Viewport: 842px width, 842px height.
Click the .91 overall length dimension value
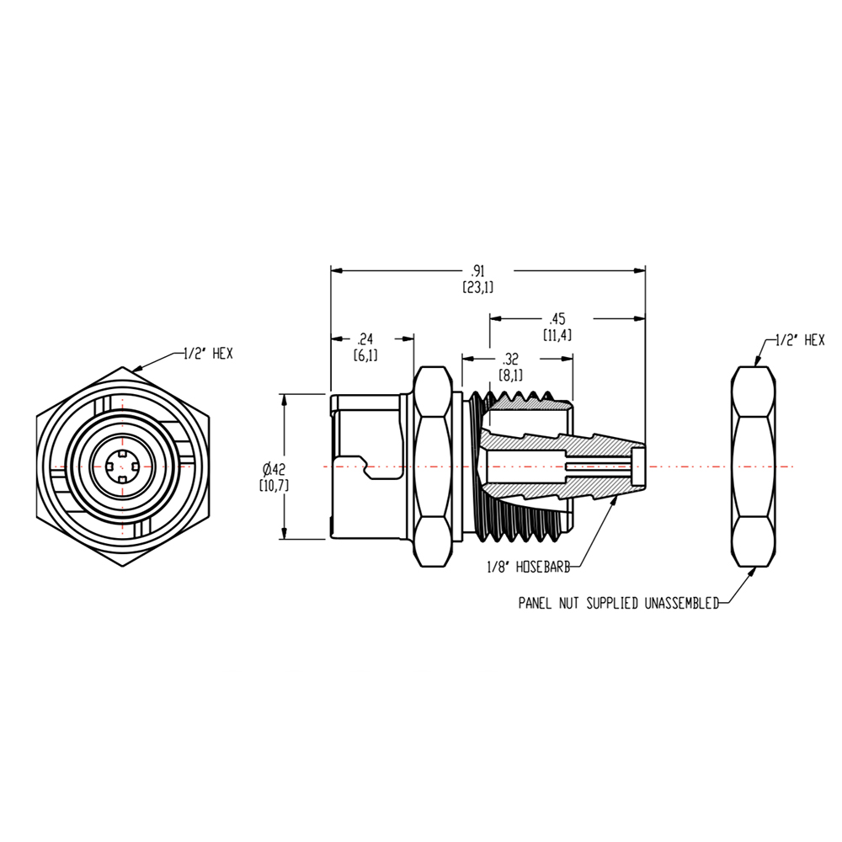click(477, 271)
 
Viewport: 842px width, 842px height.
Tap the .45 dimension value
click(557, 318)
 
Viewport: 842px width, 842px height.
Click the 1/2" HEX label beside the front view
click(208, 354)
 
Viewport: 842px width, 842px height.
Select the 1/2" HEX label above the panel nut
click(799, 340)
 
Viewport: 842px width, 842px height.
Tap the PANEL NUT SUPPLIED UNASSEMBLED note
click(618, 603)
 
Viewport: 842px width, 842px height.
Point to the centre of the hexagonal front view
click(123, 466)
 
